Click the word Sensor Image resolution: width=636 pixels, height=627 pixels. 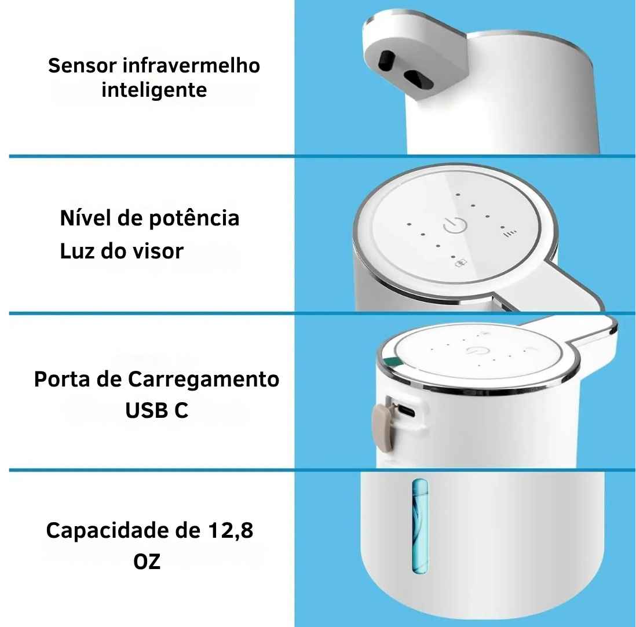(82, 65)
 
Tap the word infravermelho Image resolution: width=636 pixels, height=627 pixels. (192, 65)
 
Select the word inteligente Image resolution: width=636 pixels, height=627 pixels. (154, 91)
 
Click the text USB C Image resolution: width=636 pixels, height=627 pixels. (156, 411)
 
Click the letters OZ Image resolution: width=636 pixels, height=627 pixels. (147, 562)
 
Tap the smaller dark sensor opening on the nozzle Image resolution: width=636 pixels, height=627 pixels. (386, 59)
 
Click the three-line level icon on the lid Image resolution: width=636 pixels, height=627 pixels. (509, 234)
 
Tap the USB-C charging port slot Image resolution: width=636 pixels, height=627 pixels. (405, 412)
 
